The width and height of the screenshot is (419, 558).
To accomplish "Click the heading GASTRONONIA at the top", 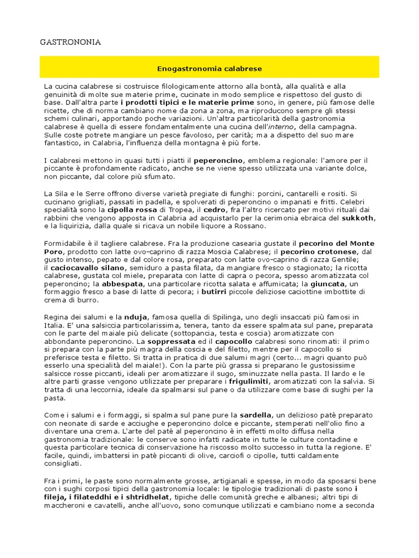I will click(71, 41).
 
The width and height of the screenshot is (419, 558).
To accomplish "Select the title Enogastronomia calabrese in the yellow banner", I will click(209, 69).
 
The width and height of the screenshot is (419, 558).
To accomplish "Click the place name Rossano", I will click(248, 226).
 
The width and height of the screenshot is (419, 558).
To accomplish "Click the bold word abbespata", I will click(120, 284).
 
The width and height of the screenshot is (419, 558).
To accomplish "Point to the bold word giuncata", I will click(328, 284).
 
